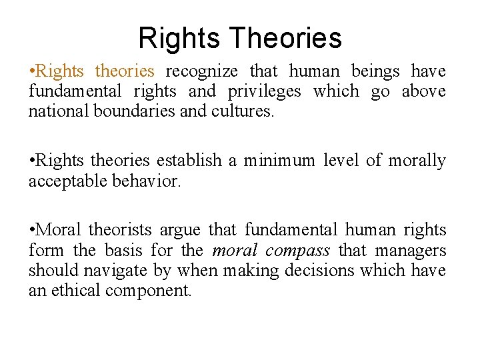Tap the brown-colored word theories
pos(125,71)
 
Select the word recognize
pos(203,71)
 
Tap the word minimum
pos(279,161)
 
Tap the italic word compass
pos(298,251)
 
